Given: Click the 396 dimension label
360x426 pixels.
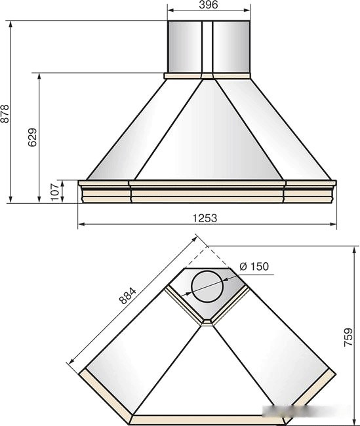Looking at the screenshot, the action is [x=209, y=5].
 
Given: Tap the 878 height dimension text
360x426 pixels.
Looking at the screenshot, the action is [x=5, y=113].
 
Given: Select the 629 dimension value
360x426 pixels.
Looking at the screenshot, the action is [x=32, y=137].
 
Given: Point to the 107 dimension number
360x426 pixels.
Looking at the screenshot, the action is [x=55, y=191].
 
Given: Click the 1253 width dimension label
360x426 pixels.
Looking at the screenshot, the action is [x=205, y=218].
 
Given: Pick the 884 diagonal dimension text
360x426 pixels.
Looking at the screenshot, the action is [x=127, y=296].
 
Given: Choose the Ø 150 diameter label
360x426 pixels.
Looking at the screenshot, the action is [x=254, y=266].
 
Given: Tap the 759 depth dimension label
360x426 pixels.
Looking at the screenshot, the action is [x=348, y=337].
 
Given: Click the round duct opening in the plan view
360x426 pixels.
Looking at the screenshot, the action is [x=207, y=286].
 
